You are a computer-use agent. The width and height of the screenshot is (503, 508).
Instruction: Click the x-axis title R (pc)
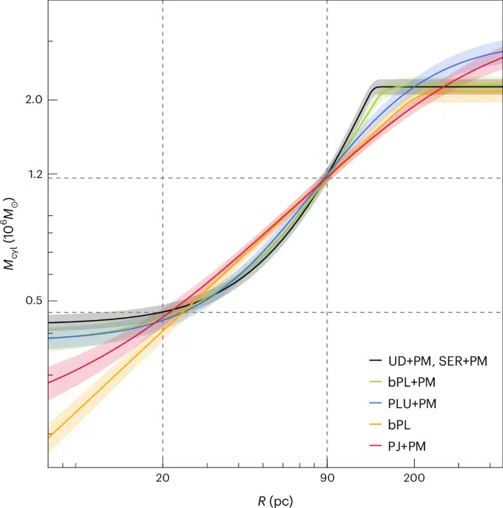click(x=275, y=501)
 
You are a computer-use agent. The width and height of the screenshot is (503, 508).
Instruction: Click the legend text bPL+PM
click(x=416, y=382)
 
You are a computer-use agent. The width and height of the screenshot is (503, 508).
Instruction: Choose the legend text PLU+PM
click(x=416, y=403)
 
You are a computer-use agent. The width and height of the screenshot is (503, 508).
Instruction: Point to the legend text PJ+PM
click(x=413, y=445)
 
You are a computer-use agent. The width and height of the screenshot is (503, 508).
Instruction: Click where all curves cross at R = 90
click(x=327, y=177)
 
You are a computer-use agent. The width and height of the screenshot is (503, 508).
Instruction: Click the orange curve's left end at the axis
click(x=49, y=435)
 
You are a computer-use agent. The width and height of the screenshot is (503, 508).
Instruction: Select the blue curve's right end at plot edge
click(x=502, y=50)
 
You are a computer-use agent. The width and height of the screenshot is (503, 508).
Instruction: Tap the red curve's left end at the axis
click(x=49, y=382)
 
